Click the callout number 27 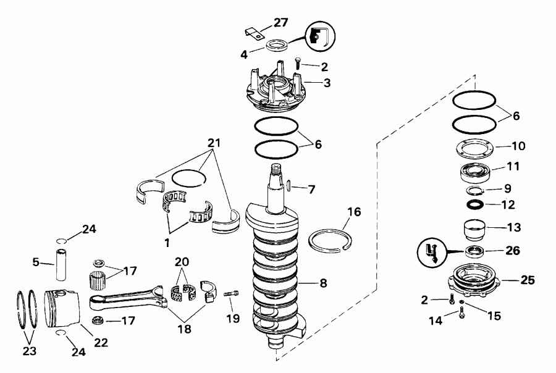click(x=281, y=23)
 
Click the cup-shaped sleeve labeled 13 click(x=475, y=230)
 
